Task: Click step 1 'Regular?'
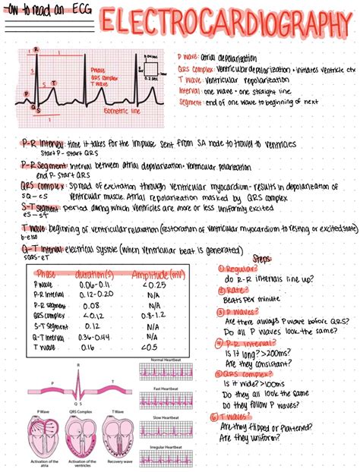[238, 269]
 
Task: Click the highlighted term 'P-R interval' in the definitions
[44, 143]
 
